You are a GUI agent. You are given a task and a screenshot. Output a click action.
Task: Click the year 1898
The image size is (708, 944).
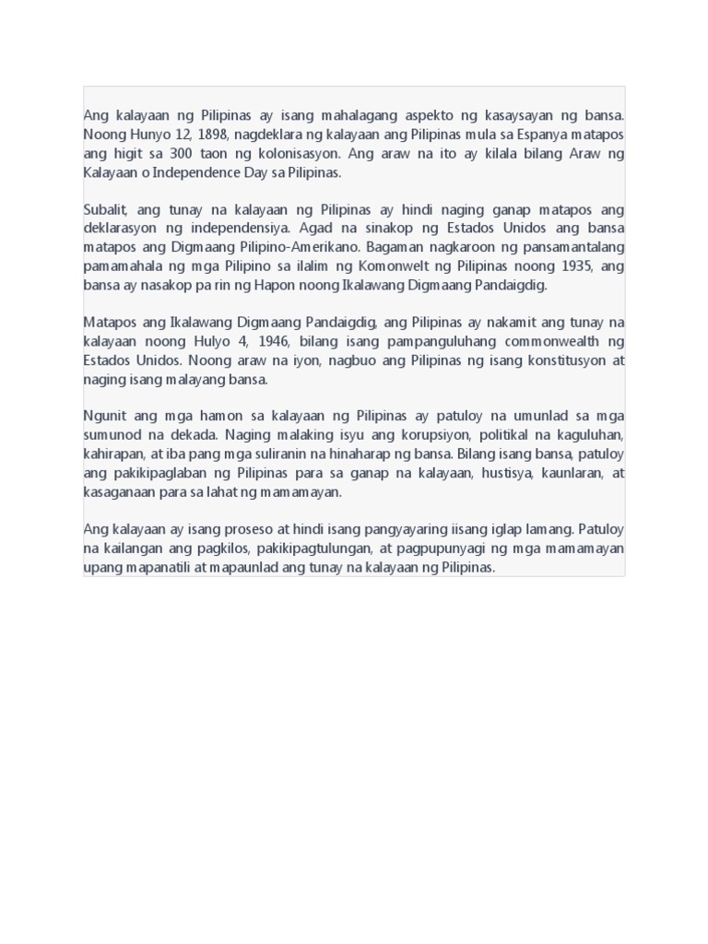pyautogui.click(x=213, y=135)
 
